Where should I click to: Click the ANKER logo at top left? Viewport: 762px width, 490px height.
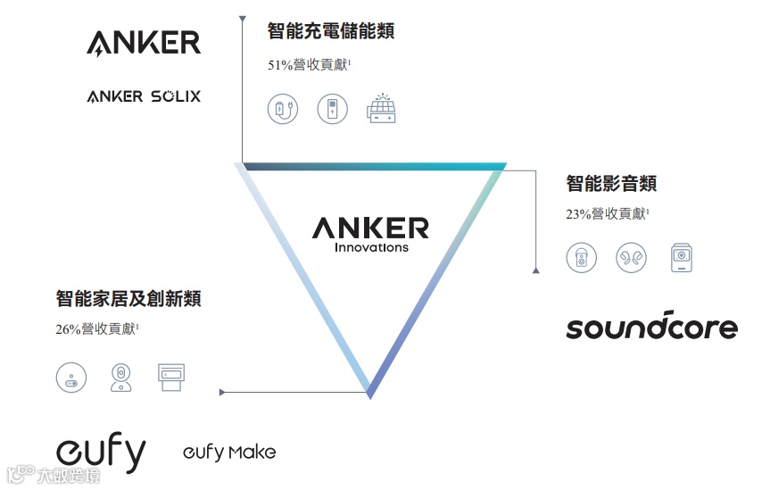144,42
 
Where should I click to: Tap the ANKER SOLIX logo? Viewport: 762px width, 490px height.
144,96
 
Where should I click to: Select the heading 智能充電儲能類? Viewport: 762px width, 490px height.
331,31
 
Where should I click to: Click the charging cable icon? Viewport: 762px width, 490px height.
283,110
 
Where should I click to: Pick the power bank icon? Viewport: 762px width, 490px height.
332,110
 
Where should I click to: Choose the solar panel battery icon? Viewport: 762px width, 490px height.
381,109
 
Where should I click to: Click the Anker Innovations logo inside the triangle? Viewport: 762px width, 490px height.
370,234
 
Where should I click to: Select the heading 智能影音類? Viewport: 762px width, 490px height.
611,184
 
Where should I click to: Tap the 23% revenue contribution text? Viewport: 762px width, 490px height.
607,214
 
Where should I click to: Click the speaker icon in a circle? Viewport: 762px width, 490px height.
581,258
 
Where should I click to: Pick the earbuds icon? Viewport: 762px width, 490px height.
631,258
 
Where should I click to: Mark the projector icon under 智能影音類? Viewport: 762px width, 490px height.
682,258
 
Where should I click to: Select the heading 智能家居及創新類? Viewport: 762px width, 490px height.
128,298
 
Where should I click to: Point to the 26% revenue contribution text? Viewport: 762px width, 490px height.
97,329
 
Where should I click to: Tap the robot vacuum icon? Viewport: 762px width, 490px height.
71,377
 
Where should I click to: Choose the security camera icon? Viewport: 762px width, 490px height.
120,377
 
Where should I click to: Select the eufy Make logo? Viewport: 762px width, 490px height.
229,452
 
